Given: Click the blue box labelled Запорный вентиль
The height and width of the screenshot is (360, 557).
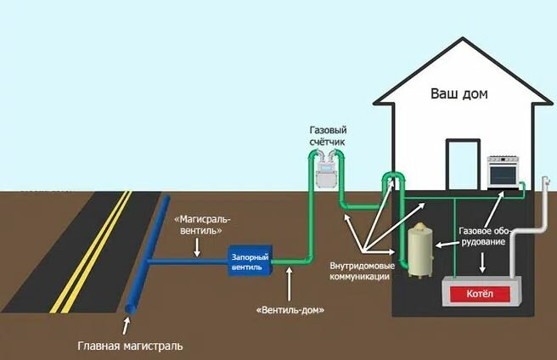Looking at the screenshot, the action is [250, 261].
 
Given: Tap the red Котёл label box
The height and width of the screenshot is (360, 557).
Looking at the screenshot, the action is [480, 295].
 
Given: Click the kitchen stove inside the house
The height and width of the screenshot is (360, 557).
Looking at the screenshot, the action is [503, 172].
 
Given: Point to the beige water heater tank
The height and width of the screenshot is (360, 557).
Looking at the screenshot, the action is [420, 250].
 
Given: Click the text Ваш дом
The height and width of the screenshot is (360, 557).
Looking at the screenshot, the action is [459, 93].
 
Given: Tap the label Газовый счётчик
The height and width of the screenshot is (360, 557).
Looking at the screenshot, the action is [328, 136].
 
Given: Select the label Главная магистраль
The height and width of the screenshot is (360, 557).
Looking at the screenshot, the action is [130, 346].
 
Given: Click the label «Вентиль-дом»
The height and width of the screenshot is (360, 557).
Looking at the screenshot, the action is [290, 310].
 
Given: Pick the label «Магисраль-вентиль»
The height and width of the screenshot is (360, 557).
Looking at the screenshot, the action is [202, 225].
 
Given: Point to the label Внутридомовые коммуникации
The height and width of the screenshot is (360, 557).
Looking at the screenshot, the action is [362, 271].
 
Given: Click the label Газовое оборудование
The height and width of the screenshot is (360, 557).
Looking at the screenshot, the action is [485, 236].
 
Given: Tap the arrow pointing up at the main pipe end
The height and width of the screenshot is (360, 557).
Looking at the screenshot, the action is [126, 326].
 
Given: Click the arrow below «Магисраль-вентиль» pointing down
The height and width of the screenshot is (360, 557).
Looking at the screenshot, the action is [197, 247].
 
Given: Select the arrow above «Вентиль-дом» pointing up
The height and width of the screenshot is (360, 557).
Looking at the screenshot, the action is [290, 284].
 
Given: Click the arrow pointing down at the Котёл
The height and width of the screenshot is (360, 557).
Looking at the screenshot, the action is [482, 262].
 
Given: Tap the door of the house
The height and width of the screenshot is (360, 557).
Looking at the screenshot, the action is [463, 165].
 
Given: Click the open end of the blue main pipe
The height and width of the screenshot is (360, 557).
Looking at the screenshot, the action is [131, 309].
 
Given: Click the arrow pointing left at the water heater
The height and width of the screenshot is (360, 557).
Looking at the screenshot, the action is [447, 244].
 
